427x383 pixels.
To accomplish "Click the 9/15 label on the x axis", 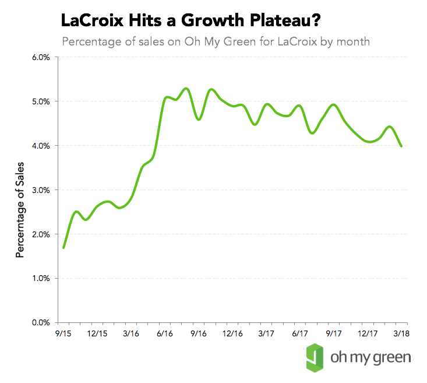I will [x=63, y=334].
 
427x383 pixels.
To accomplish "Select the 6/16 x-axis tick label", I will [x=165, y=334].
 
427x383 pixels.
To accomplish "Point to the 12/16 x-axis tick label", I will [x=232, y=334].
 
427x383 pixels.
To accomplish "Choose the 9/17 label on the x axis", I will [x=334, y=334].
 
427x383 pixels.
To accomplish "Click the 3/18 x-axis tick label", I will [x=401, y=334].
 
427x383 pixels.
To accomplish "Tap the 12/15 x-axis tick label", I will [x=97, y=334].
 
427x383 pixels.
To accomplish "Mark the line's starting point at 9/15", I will [x=63, y=247].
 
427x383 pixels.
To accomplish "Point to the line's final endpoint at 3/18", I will [x=401, y=146].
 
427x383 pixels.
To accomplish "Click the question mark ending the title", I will [x=314, y=22].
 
